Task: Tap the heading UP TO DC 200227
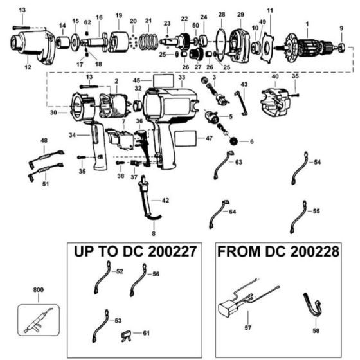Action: tap(135, 251)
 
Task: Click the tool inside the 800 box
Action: tap(38, 319)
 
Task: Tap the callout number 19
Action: tap(118, 15)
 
